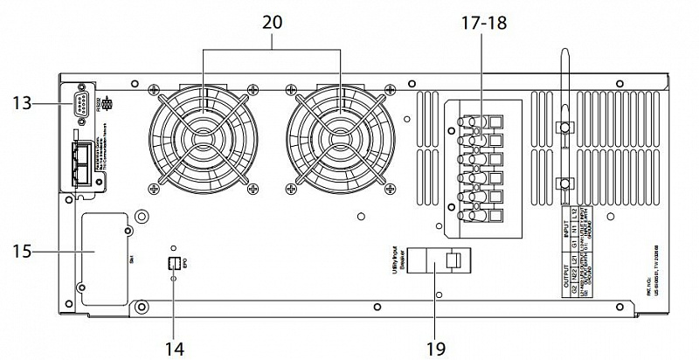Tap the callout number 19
pyautogui.click(x=434, y=349)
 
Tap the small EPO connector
pyautogui.click(x=173, y=263)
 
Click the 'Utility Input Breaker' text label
pyautogui.click(x=396, y=260)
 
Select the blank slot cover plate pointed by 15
pyautogui.click(x=102, y=258)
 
